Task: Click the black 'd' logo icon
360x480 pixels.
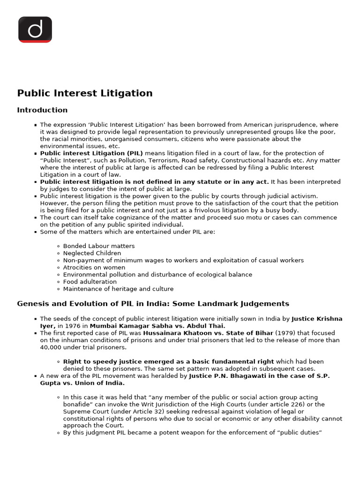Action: pos(35,30)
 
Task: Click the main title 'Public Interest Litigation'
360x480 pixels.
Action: pos(85,93)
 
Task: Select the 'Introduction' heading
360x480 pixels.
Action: pos(42,110)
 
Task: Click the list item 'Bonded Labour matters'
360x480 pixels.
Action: pos(99,246)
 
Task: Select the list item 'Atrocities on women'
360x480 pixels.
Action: pos(94,268)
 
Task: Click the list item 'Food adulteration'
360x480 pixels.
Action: pos(90,282)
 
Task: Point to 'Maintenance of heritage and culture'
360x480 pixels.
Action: pos(118,289)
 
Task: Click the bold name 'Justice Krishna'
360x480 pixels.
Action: pos(317,319)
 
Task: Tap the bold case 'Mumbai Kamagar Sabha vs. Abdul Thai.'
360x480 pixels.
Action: pos(157,326)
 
